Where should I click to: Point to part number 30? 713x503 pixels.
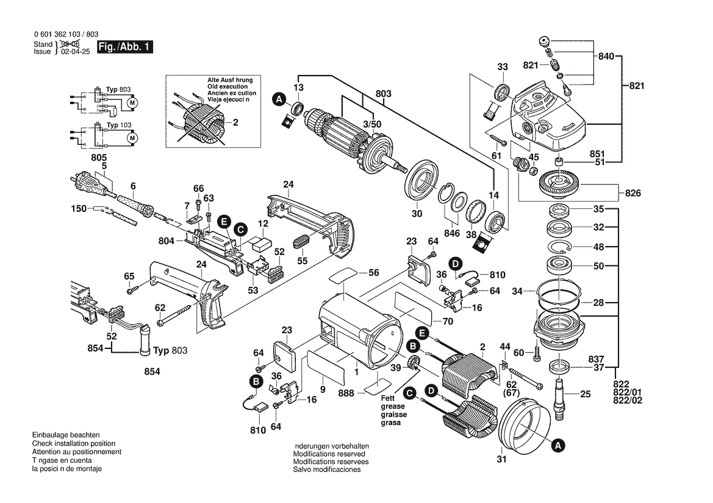[x=416, y=214]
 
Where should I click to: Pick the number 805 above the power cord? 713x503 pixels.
[x=99, y=157]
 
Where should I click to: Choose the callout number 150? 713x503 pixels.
[x=79, y=208]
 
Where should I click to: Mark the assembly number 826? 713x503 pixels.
[x=632, y=194]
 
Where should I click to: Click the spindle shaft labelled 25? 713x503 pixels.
[x=561, y=396]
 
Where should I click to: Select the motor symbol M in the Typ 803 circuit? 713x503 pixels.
[x=132, y=102]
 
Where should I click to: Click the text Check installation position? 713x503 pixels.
[x=77, y=444]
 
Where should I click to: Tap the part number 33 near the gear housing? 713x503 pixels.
[x=502, y=66]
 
